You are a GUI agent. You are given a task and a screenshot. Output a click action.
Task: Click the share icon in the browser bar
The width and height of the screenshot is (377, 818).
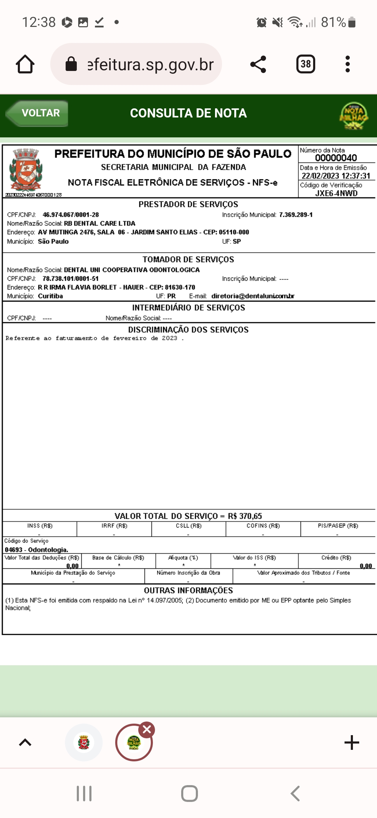(x=258, y=64)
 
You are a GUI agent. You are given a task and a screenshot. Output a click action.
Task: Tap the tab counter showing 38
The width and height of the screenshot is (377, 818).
(x=305, y=64)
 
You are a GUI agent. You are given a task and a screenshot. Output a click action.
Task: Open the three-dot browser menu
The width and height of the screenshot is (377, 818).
(x=347, y=64)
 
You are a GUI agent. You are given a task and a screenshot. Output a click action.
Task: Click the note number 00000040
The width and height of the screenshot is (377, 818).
(x=336, y=158)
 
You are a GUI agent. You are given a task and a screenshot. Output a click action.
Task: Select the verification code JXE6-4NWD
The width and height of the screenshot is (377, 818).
(x=336, y=193)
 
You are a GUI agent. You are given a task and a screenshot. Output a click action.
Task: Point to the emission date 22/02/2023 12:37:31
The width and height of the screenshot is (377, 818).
(x=336, y=176)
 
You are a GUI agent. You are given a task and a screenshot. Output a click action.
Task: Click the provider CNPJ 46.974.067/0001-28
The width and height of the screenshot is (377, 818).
(x=71, y=215)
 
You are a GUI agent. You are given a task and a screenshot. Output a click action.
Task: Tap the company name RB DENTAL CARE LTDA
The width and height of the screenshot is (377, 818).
(x=99, y=223)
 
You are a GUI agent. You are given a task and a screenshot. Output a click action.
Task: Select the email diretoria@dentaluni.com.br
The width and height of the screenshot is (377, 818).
(x=253, y=296)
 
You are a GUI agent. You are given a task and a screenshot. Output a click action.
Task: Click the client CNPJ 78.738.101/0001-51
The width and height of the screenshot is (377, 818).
(x=71, y=279)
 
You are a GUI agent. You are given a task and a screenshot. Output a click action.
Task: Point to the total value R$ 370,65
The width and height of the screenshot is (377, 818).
(x=245, y=516)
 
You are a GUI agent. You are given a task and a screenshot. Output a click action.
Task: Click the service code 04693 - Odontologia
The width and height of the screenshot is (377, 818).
(x=36, y=550)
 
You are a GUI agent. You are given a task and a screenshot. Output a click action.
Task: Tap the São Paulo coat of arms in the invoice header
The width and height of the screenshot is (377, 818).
(x=25, y=169)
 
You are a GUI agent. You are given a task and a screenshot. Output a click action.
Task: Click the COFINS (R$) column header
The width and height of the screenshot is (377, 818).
(x=263, y=526)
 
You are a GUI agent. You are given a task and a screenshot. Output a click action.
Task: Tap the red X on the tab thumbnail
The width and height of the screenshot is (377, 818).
(x=147, y=730)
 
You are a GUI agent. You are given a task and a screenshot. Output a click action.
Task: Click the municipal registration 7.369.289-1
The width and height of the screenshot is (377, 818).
(x=296, y=215)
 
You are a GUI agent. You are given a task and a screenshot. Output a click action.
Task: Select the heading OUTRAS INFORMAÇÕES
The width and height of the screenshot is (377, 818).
(x=188, y=590)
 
